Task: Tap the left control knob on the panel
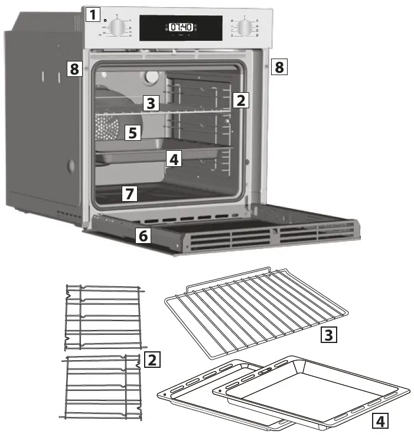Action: (x=118, y=28)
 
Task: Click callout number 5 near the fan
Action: (x=133, y=132)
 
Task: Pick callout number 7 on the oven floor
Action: (x=129, y=193)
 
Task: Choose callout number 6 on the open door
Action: (x=142, y=235)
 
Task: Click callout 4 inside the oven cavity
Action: (x=172, y=159)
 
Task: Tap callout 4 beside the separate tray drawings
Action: (x=381, y=420)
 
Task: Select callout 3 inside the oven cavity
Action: (x=151, y=103)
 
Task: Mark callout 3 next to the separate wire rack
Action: (x=328, y=335)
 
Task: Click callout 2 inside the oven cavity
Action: (x=240, y=99)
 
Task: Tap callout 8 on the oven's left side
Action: (x=74, y=70)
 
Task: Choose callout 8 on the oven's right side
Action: (x=279, y=67)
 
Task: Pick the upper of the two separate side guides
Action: (x=103, y=317)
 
